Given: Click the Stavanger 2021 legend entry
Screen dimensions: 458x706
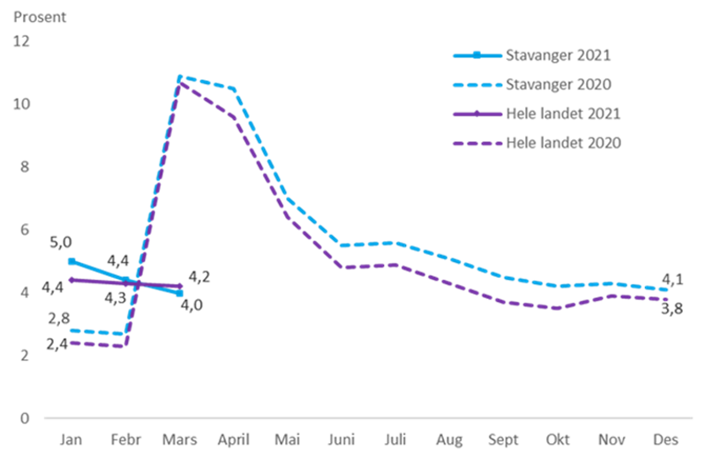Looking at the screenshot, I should pos(559,56).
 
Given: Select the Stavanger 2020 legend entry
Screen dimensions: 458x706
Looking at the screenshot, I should pos(559,84).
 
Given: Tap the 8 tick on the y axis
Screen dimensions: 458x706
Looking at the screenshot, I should pos(25,166).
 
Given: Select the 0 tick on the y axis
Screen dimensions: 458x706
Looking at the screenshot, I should pos(25,417).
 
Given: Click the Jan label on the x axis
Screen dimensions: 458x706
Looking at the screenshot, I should pos(68,439).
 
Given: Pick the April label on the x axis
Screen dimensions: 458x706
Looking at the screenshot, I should pos(235,439).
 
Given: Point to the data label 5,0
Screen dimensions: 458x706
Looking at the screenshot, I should pos(61,242).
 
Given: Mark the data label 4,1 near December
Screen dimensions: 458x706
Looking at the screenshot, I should pos(672,281).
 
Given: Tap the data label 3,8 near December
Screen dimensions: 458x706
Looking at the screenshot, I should pos(672,308).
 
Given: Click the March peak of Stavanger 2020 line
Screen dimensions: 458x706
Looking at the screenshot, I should pos(180,77).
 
